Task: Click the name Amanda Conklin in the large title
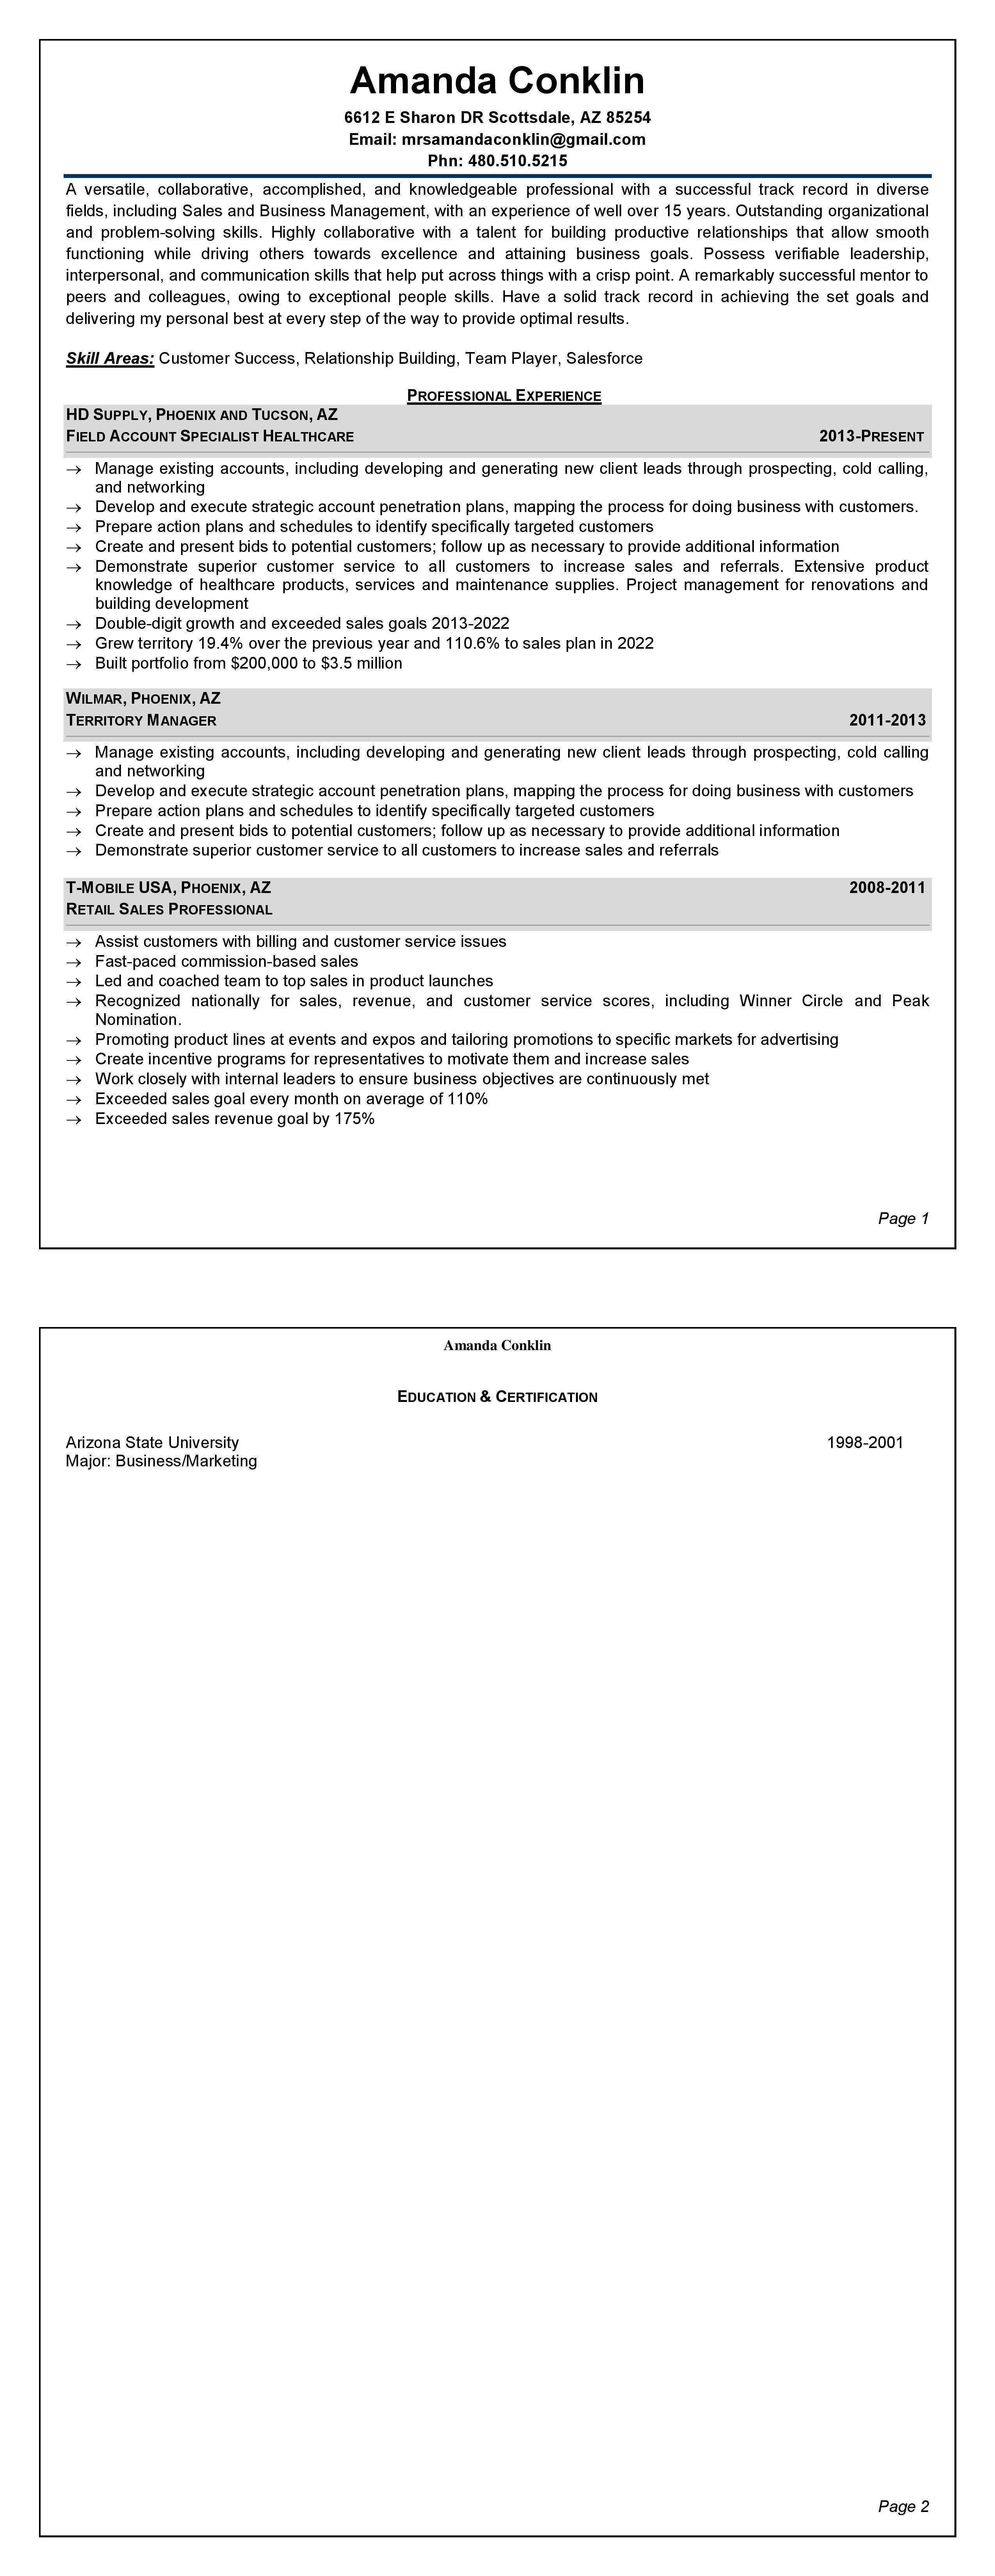pos(497,80)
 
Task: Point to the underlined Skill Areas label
pos(110,358)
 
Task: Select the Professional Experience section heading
pos(504,396)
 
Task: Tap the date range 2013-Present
pos(871,436)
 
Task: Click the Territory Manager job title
pos(141,720)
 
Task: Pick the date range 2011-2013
pos(887,720)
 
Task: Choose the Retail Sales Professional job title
pos(169,909)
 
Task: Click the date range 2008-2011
pos(887,887)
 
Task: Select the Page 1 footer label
pos(903,1218)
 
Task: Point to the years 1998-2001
pos(865,1442)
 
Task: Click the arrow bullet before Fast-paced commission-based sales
pos(73,961)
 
